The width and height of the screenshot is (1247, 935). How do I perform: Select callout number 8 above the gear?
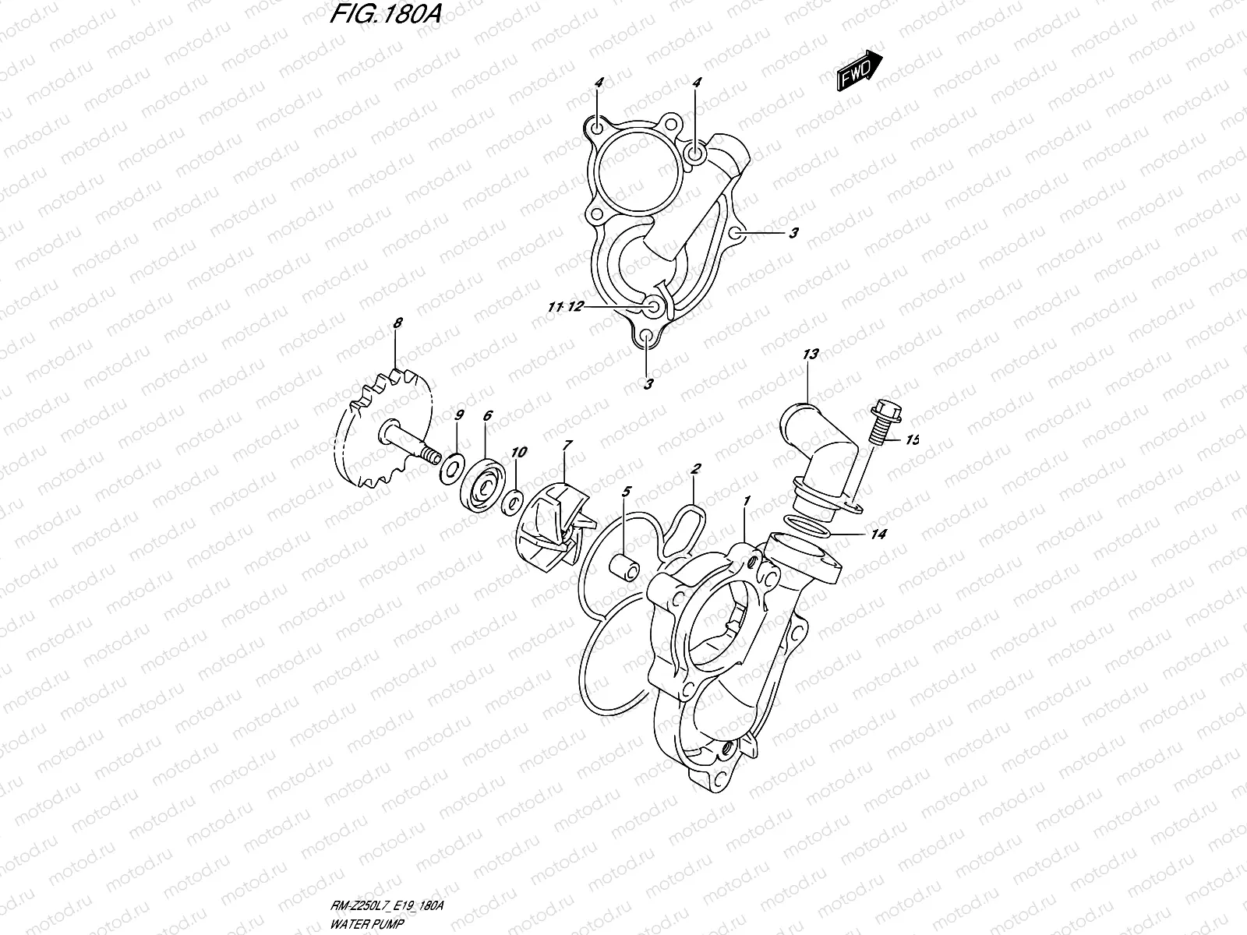[397, 322]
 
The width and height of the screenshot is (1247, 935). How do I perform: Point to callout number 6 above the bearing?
[487, 416]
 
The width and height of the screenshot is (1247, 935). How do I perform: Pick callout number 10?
[519, 452]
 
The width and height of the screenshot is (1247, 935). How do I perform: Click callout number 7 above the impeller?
[567, 445]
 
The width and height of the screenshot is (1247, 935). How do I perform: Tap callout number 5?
[625, 492]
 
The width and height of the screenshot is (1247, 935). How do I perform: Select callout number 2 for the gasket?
[696, 468]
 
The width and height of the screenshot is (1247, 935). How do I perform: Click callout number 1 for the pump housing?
[747, 502]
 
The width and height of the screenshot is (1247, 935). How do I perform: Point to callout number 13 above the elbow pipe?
[811, 355]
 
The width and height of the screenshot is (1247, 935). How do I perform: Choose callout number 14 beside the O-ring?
[879, 535]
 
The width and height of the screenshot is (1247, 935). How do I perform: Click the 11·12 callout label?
[565, 308]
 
